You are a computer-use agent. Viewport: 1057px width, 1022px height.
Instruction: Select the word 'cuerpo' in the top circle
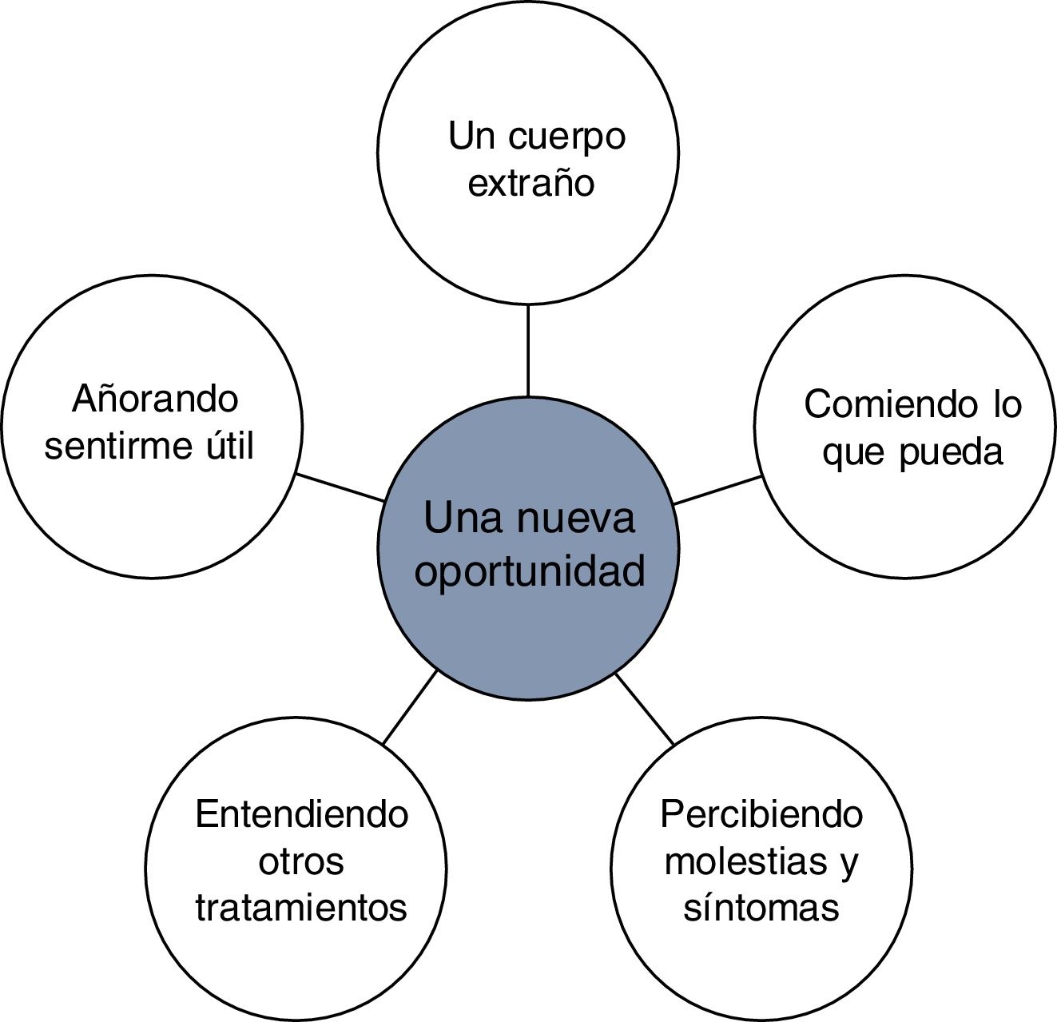click(566, 137)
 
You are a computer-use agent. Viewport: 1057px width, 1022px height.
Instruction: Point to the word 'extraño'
click(531, 183)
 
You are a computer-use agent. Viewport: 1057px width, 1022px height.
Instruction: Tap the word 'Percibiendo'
click(761, 814)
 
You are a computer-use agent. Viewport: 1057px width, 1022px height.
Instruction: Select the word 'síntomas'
click(761, 909)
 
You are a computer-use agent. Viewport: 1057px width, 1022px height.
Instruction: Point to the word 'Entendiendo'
click(302, 814)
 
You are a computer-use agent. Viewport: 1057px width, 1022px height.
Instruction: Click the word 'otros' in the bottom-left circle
click(301, 861)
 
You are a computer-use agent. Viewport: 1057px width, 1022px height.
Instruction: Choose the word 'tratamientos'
click(301, 909)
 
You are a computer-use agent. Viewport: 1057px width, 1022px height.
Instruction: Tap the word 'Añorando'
click(155, 397)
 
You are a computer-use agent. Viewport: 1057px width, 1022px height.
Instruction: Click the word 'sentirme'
click(114, 446)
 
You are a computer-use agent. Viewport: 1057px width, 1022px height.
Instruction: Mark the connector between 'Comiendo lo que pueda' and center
click(717, 490)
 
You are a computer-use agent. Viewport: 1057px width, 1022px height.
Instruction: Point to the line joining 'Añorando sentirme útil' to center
click(340, 487)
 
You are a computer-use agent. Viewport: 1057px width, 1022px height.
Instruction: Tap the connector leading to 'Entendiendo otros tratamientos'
click(410, 707)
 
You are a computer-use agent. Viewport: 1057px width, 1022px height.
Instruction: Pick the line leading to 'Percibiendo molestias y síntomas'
click(646, 709)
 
